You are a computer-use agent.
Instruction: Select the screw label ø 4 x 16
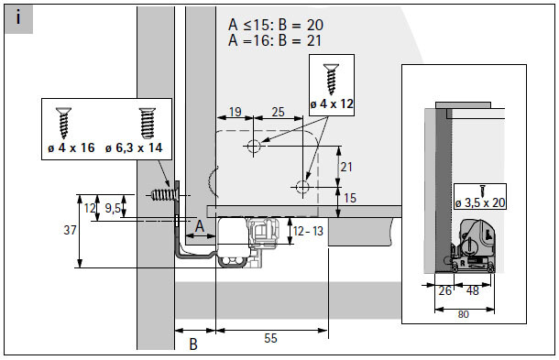pos(71,147)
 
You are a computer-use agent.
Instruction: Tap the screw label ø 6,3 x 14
pos(134,147)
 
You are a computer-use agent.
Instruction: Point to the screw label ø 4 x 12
pos(332,104)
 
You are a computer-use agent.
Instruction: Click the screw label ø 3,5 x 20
pos(480,202)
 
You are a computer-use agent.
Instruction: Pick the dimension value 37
pos(70,230)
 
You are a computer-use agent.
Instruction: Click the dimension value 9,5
pos(112,208)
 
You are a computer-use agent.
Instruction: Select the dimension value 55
pos(270,338)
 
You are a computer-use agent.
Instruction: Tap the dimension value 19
pos(236,112)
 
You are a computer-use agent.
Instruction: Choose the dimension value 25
pos(278,112)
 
